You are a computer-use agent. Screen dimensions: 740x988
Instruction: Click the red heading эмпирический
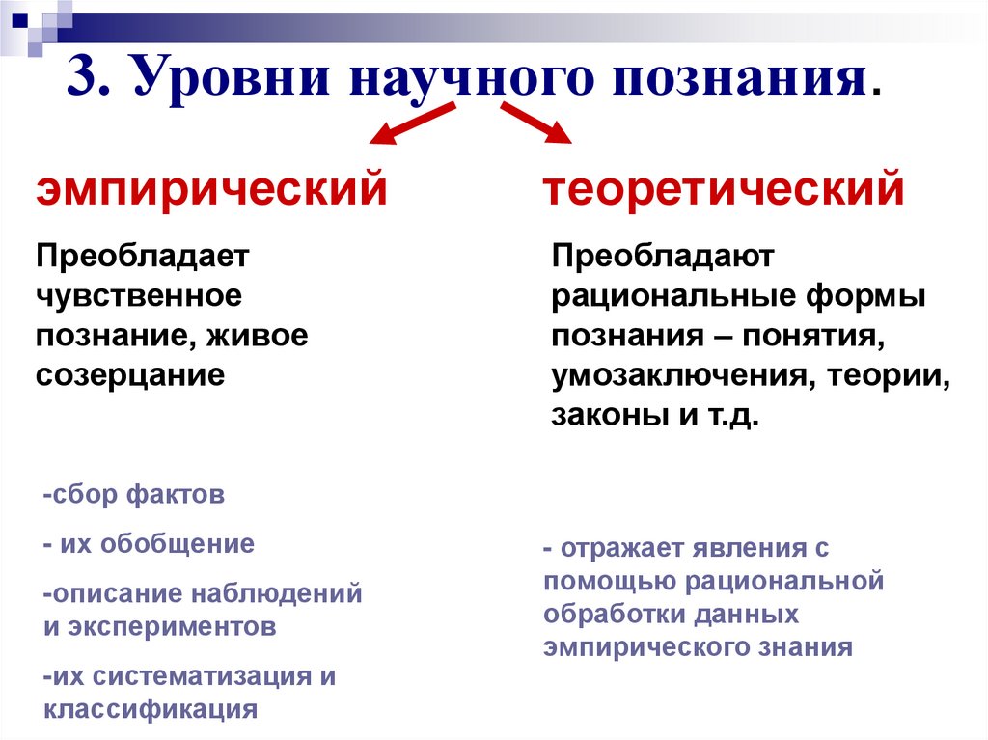[212, 189]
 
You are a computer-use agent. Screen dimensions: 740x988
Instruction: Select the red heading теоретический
[724, 189]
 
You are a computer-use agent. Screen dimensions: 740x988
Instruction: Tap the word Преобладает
[143, 257]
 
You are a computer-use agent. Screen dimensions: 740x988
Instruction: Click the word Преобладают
[663, 257]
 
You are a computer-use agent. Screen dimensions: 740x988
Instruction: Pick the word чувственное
[138, 295]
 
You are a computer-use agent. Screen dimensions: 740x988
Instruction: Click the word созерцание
[130, 373]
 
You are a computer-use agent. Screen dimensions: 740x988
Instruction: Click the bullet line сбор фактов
[134, 496]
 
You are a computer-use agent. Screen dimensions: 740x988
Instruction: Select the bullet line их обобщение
[149, 544]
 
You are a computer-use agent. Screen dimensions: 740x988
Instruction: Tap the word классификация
[151, 710]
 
